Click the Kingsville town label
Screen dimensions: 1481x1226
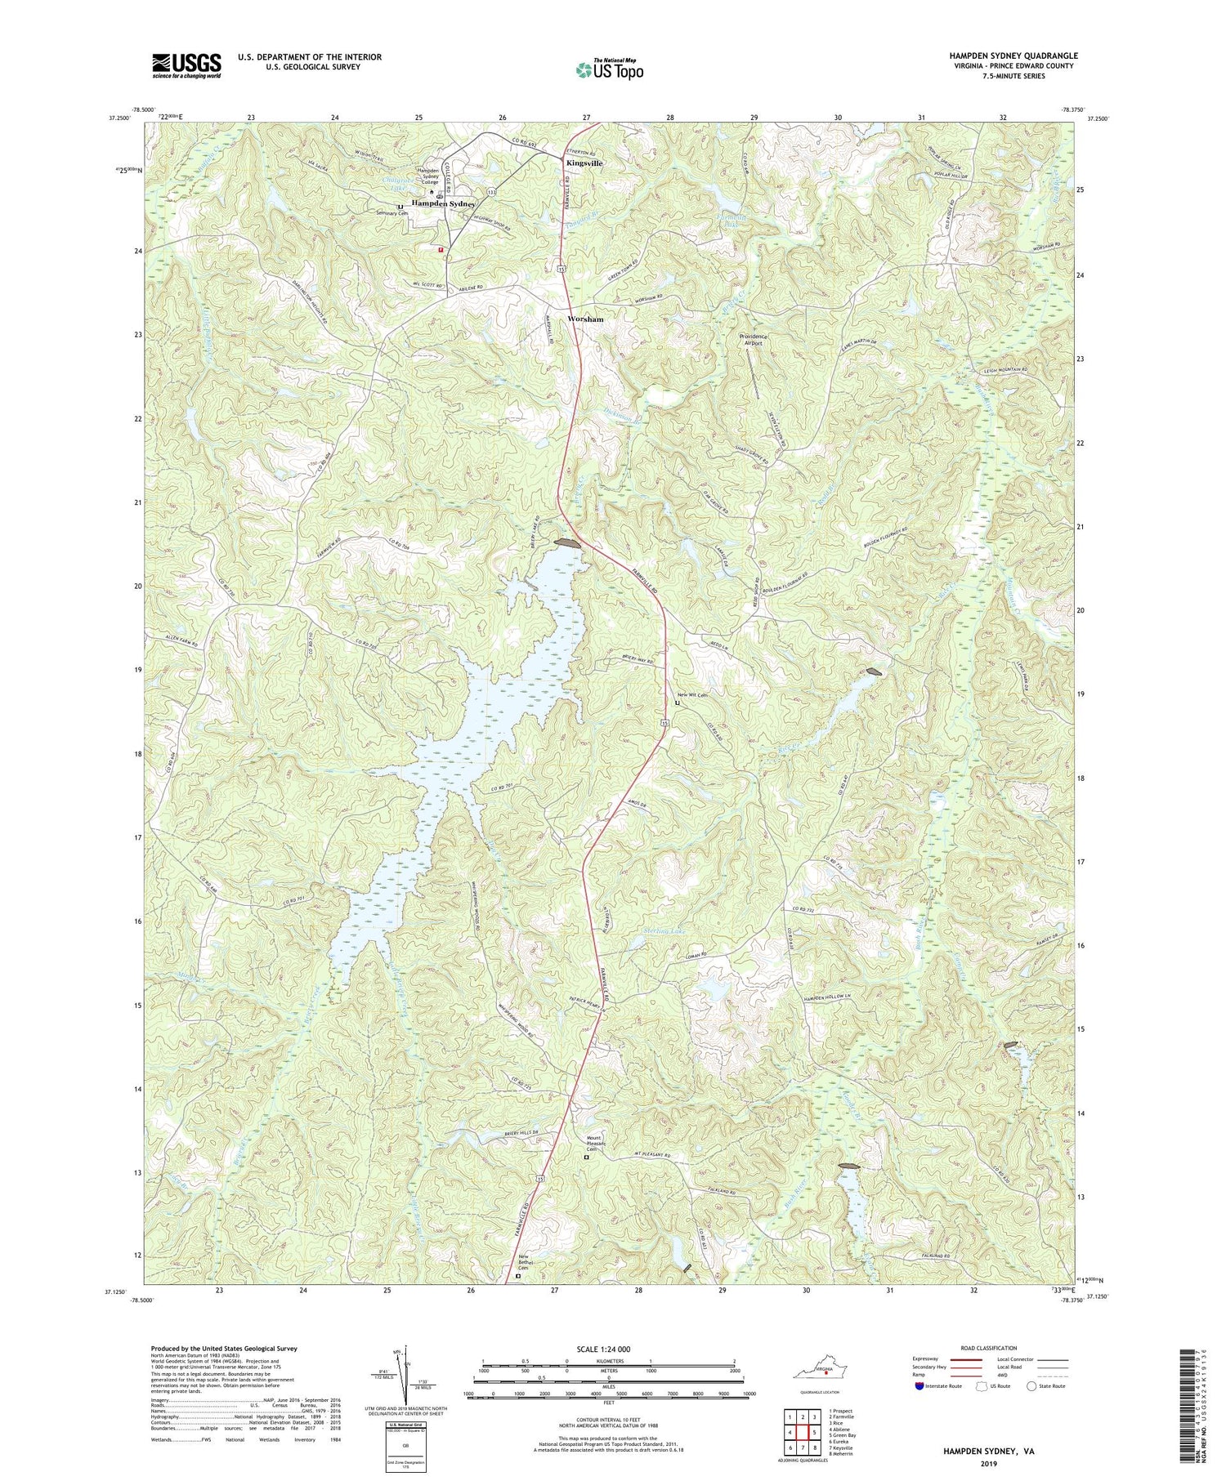(x=584, y=163)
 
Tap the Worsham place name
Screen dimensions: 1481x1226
(x=585, y=319)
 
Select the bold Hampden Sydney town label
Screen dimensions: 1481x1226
(x=443, y=203)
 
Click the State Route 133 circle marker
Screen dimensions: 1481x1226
(x=492, y=190)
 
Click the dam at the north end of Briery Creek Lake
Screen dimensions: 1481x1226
(x=567, y=543)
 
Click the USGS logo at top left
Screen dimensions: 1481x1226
(x=186, y=65)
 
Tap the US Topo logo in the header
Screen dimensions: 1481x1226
(x=609, y=70)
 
